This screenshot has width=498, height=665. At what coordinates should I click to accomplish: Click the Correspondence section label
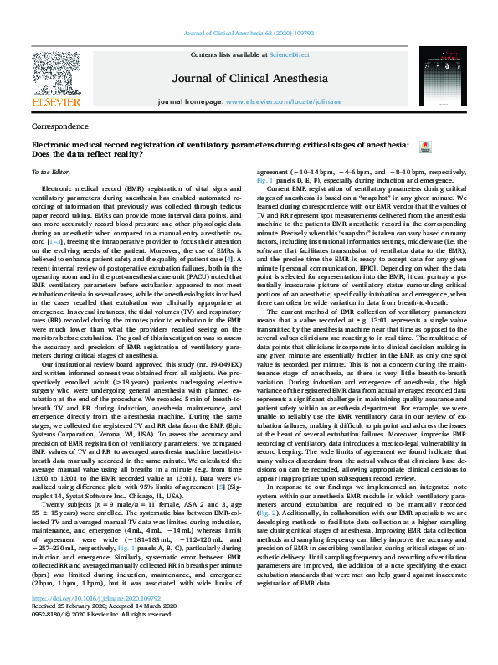click(59, 127)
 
